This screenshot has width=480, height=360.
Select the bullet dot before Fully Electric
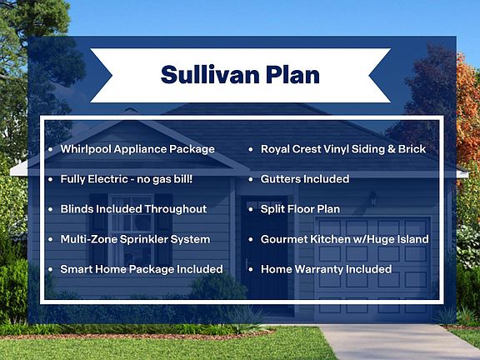coord(51,179)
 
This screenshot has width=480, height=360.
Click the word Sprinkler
coord(143,239)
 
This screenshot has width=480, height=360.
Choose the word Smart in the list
coord(72,269)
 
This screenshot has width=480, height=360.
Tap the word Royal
coord(275,149)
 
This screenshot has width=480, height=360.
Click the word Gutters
coord(279,179)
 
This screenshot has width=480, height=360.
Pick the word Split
coord(271,209)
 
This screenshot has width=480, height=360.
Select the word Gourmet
coord(284,239)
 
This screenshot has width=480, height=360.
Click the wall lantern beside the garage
coord(372,198)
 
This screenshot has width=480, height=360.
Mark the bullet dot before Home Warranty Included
coord(251,270)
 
